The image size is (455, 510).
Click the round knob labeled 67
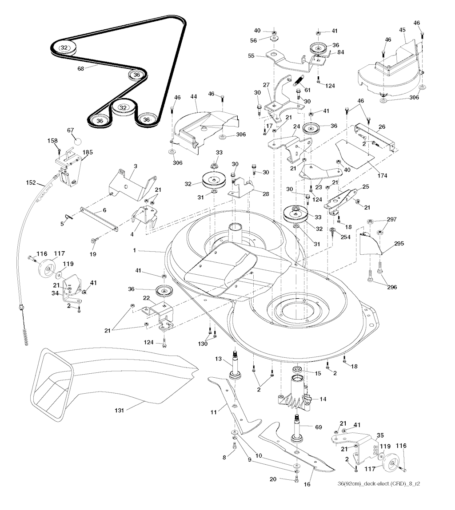coord(78,142)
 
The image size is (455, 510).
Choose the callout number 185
coord(88,152)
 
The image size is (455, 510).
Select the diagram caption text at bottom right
coord(379,484)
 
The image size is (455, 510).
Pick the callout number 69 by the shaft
coord(318,427)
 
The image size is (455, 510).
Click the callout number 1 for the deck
coord(134,250)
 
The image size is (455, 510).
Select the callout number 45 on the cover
coord(402,30)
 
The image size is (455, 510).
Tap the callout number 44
coord(194,96)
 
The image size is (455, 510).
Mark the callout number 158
coord(52,141)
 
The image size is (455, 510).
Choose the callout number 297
coord(391,220)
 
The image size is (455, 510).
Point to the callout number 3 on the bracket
coord(135,166)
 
